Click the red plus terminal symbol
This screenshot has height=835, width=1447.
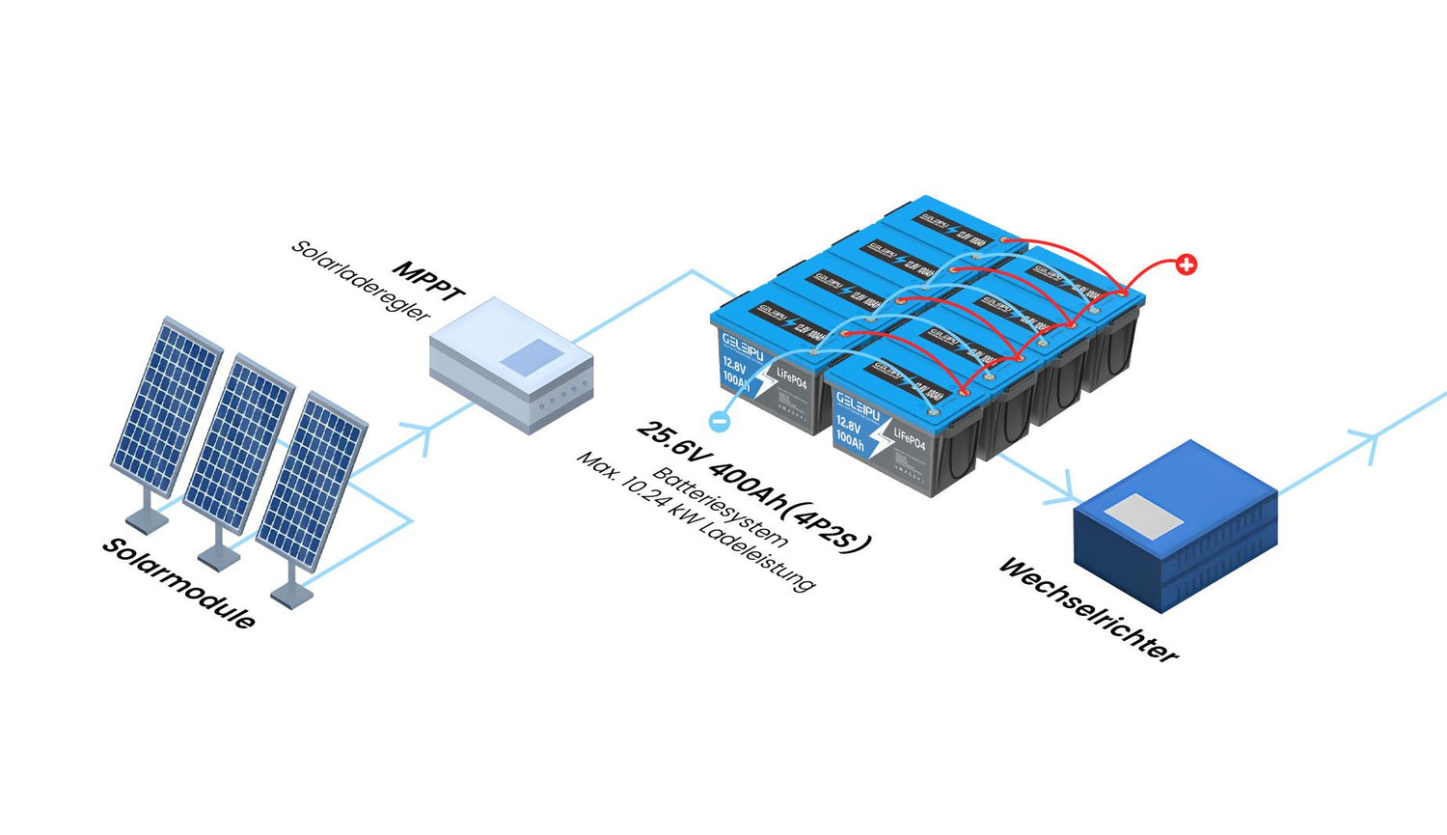[1187, 264]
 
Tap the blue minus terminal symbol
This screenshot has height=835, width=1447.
[719, 421]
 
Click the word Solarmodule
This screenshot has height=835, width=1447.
[178, 583]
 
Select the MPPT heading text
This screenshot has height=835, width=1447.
[429, 280]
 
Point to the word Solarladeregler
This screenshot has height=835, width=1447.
[360, 281]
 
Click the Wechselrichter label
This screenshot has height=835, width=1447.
[1088, 609]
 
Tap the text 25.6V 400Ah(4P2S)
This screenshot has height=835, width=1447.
[753, 486]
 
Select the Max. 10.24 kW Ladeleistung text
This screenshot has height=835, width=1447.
[696, 520]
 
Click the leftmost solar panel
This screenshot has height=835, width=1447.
[166, 404]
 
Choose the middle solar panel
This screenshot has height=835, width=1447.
[238, 443]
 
